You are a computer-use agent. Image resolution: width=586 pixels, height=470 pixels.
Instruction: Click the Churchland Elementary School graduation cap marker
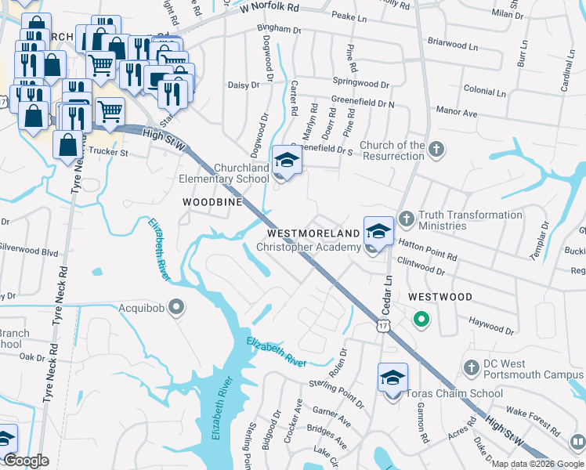tap(287, 161)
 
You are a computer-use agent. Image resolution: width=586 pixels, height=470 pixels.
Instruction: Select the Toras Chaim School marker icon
tap(392, 378)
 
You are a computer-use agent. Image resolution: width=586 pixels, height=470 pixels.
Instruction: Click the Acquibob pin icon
tap(176, 308)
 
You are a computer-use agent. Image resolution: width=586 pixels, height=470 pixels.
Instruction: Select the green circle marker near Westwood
tap(421, 319)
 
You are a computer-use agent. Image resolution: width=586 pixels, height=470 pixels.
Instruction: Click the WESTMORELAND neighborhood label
tap(313, 233)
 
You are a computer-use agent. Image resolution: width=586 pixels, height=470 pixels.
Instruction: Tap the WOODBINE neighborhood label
tap(209, 202)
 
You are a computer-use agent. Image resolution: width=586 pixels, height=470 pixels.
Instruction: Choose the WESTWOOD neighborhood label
tap(439, 298)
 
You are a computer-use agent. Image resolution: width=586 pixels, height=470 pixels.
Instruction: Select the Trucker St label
tap(108, 152)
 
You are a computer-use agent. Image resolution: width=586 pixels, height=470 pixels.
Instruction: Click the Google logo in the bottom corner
tap(26, 461)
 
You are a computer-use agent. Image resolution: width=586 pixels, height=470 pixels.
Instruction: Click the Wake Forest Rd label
tap(533, 421)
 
